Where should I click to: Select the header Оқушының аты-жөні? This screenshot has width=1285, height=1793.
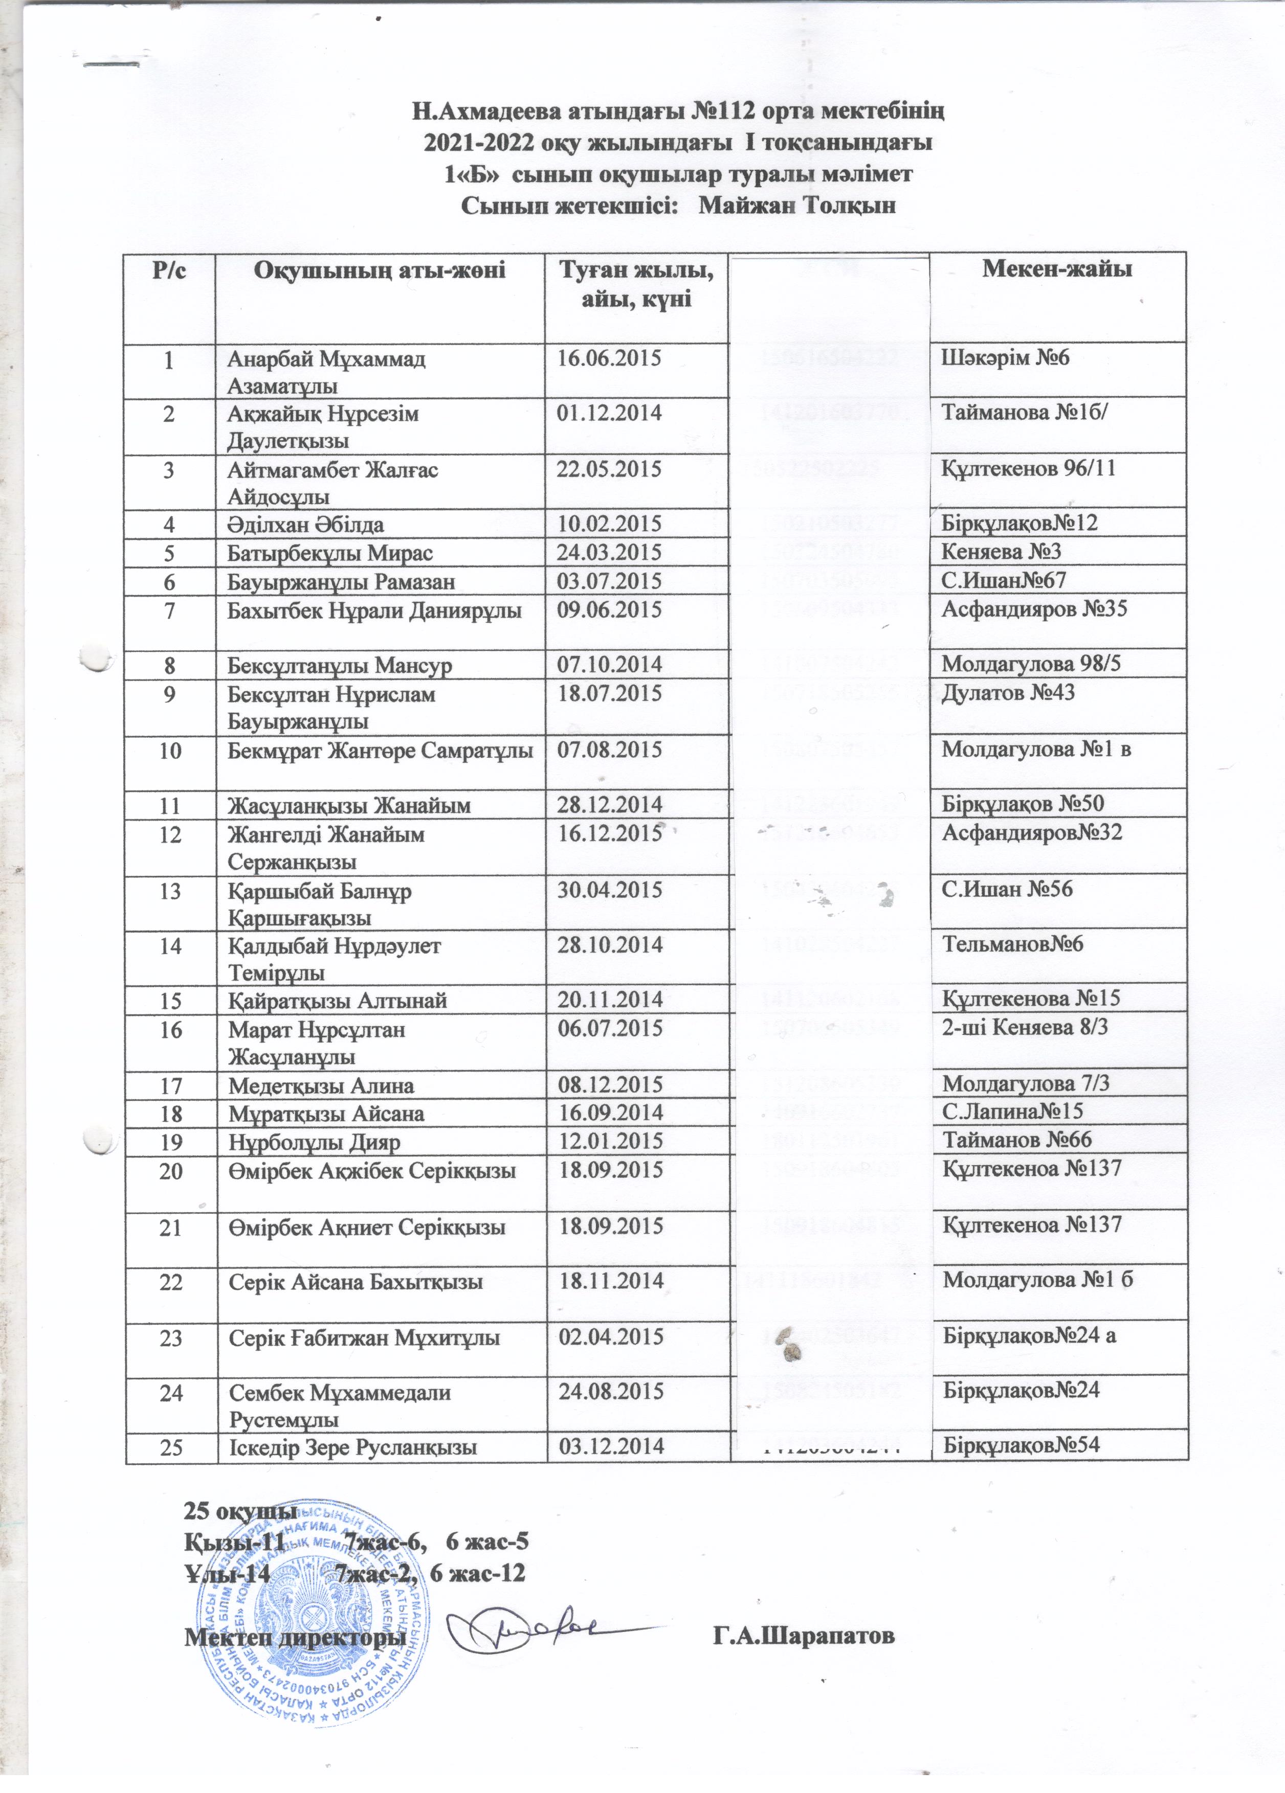tap(379, 269)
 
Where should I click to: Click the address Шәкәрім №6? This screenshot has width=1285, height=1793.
tap(1004, 358)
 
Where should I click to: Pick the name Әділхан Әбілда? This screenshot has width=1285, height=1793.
tap(306, 524)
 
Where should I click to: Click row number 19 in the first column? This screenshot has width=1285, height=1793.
tap(170, 1142)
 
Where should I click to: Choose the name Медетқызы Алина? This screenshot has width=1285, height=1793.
tap(321, 1085)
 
